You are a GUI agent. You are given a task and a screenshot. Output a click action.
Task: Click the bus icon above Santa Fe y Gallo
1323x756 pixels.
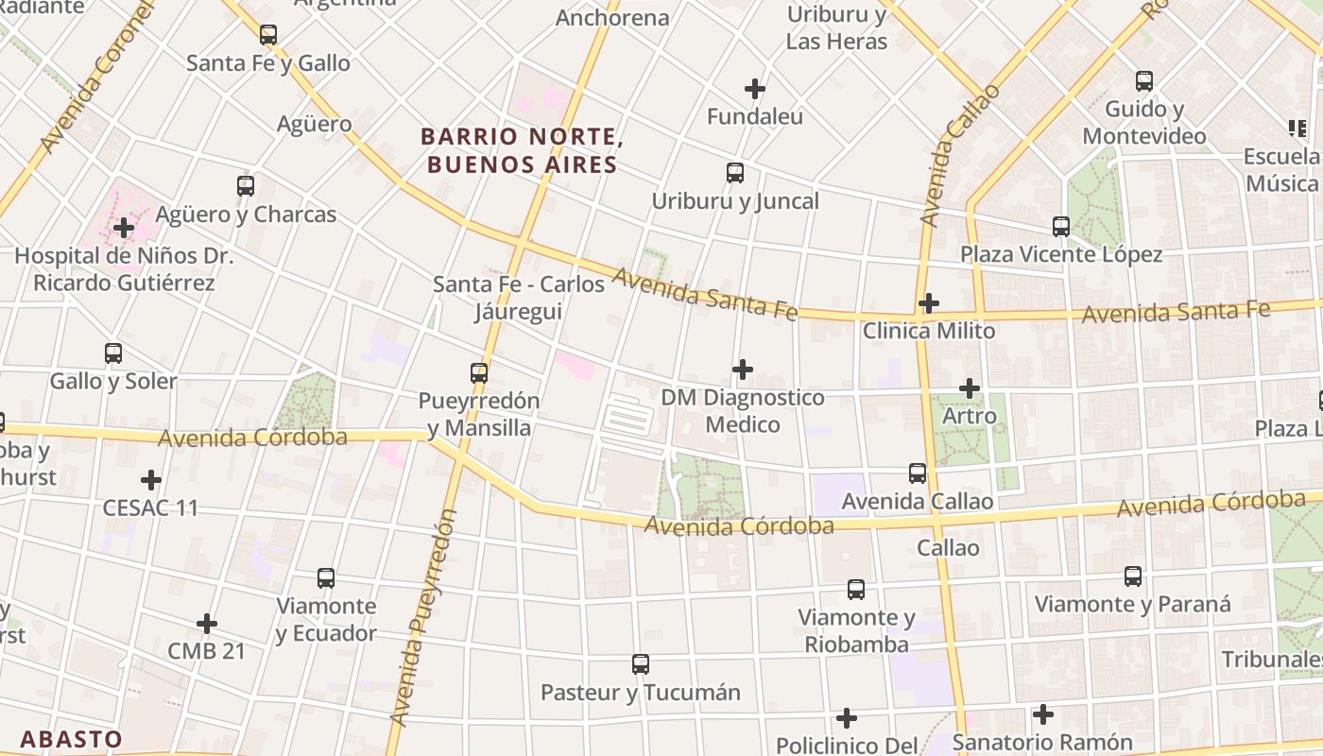pos(268,35)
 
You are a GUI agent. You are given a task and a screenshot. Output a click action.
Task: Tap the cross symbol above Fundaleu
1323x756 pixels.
pos(754,89)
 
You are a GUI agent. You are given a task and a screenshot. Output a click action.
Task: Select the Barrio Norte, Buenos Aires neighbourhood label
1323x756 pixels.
pos(522,150)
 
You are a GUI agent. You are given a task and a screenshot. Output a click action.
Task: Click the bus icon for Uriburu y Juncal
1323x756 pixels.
pos(735,173)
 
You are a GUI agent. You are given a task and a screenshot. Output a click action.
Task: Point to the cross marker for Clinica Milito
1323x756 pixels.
pos(929,303)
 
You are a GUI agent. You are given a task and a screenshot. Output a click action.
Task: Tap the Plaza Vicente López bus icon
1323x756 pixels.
pos(1061,227)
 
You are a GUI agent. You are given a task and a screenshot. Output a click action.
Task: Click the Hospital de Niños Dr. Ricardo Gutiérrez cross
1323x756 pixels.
pos(123,228)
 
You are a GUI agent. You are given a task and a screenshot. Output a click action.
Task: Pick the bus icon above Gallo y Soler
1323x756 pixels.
pos(113,353)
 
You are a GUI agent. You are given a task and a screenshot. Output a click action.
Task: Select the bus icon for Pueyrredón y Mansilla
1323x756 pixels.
pos(479,373)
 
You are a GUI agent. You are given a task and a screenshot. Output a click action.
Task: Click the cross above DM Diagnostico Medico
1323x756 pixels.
pos(743,369)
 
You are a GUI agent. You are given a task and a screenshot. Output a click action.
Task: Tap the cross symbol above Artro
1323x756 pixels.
pos(970,388)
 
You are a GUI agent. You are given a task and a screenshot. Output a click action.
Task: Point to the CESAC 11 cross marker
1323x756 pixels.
pos(151,480)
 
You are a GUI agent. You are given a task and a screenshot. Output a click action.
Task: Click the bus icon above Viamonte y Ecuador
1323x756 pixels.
pos(326,577)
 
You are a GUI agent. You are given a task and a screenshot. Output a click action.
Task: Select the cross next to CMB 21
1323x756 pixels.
pos(207,624)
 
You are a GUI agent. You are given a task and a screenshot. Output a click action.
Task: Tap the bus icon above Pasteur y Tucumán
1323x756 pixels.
pos(641,664)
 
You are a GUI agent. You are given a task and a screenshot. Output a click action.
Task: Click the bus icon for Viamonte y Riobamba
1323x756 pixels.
pos(856,590)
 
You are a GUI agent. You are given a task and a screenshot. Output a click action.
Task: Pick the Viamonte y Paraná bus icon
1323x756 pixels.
pos(1133,576)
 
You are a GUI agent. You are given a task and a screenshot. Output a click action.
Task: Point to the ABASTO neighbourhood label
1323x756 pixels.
pos(71,739)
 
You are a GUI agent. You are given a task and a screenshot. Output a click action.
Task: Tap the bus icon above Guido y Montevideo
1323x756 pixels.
pos(1144,81)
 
